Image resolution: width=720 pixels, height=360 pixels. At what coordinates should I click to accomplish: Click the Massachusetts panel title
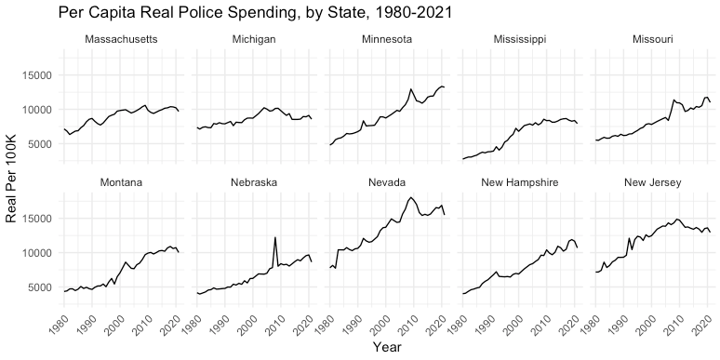tap(121, 39)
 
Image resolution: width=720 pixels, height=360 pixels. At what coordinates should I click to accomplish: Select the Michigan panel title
tap(254, 39)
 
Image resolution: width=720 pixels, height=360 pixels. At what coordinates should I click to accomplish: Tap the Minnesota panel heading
tap(387, 39)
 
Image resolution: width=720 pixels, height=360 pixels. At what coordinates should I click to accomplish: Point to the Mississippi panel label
tap(520, 39)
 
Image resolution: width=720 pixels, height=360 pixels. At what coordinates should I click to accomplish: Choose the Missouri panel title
tap(652, 39)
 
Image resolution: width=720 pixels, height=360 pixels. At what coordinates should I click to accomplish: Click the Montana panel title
tap(121, 182)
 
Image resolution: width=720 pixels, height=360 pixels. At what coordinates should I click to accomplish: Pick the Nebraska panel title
tap(254, 182)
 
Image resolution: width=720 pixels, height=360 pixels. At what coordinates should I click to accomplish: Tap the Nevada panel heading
tap(387, 182)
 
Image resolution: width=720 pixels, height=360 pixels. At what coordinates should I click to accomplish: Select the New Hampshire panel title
tap(520, 182)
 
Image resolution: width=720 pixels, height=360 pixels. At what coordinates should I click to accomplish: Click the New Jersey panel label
tap(652, 182)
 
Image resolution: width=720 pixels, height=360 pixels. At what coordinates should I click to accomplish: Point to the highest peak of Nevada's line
tap(411, 197)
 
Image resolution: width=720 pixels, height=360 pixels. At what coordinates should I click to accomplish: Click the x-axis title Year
tap(387, 347)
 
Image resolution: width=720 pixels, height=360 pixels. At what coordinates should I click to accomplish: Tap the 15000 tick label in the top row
tap(40, 75)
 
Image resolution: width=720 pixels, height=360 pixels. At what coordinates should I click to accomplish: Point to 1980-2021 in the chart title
tap(409, 13)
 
